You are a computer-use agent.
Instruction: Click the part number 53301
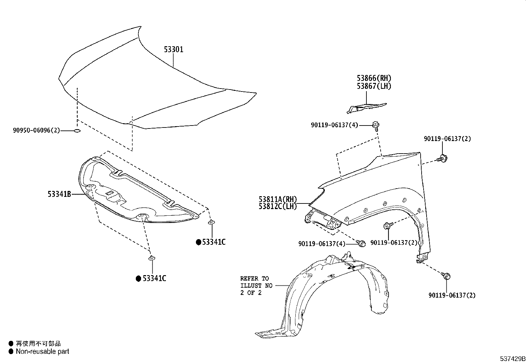coord(173,49)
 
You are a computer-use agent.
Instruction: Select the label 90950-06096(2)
coord(36,130)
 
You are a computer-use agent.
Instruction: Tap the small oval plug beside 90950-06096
coord(77,131)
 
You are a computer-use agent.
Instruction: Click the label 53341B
coord(59,194)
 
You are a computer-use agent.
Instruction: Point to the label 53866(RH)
coord(374,78)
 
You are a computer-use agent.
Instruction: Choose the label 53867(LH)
coord(374,86)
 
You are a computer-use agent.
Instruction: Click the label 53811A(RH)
coord(278,200)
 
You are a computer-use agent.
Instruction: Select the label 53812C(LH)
coord(278,206)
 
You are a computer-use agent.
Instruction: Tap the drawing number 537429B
coord(512,359)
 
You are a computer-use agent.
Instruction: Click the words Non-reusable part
coord(43,351)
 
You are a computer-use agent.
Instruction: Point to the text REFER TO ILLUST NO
coord(256,282)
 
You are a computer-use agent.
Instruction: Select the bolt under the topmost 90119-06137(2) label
coord(442,159)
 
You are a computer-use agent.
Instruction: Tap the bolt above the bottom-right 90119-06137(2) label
coord(446,276)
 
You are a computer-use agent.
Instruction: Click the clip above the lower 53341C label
coord(152,258)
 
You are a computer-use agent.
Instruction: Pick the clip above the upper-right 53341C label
coord(211,222)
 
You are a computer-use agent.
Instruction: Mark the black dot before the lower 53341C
coord(138,278)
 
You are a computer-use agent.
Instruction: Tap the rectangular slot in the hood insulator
coord(110,193)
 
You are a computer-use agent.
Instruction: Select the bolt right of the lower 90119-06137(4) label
coord(361,243)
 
